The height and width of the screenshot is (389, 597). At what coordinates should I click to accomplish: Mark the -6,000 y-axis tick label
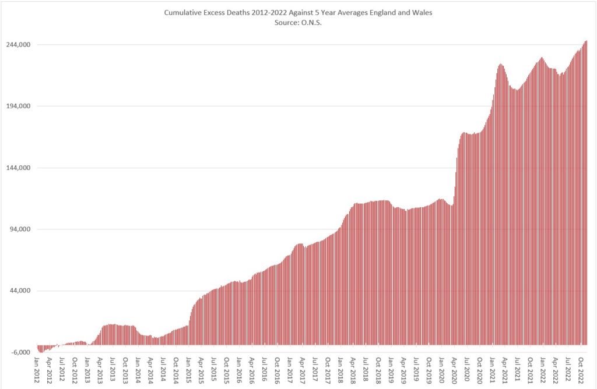[21, 352]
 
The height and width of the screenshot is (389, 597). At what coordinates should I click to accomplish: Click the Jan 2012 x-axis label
[37, 370]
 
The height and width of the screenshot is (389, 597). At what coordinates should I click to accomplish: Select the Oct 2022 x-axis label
[581, 370]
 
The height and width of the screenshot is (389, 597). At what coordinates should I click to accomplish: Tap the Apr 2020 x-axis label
[454, 370]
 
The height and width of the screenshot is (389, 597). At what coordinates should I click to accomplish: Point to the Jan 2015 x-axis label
[189, 370]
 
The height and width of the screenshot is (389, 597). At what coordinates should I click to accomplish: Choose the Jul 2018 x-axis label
[366, 370]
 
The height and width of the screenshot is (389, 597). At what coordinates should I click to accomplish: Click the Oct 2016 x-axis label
[277, 370]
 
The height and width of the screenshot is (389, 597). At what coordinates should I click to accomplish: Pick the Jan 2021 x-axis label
[492, 370]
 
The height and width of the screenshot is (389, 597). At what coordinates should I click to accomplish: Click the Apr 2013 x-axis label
[100, 370]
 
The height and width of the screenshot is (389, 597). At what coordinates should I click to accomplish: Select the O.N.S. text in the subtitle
[311, 23]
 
